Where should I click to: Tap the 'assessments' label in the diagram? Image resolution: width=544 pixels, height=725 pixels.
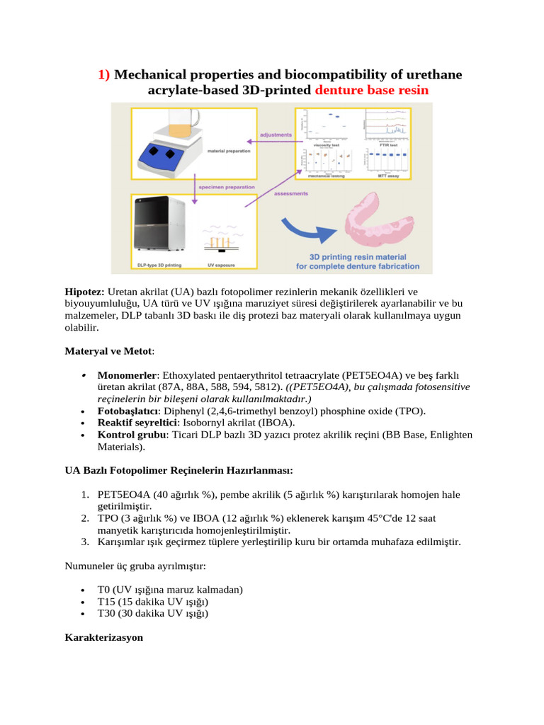click(290, 193)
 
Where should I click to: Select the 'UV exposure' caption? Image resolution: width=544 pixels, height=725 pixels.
click(221, 265)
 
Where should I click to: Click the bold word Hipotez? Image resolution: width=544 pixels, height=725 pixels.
click(84, 292)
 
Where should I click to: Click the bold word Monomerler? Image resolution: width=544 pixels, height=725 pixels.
click(126, 375)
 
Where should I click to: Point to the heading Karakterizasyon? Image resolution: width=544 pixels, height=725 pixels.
click(103, 637)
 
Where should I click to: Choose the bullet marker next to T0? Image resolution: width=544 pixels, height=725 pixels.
click(84, 590)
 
